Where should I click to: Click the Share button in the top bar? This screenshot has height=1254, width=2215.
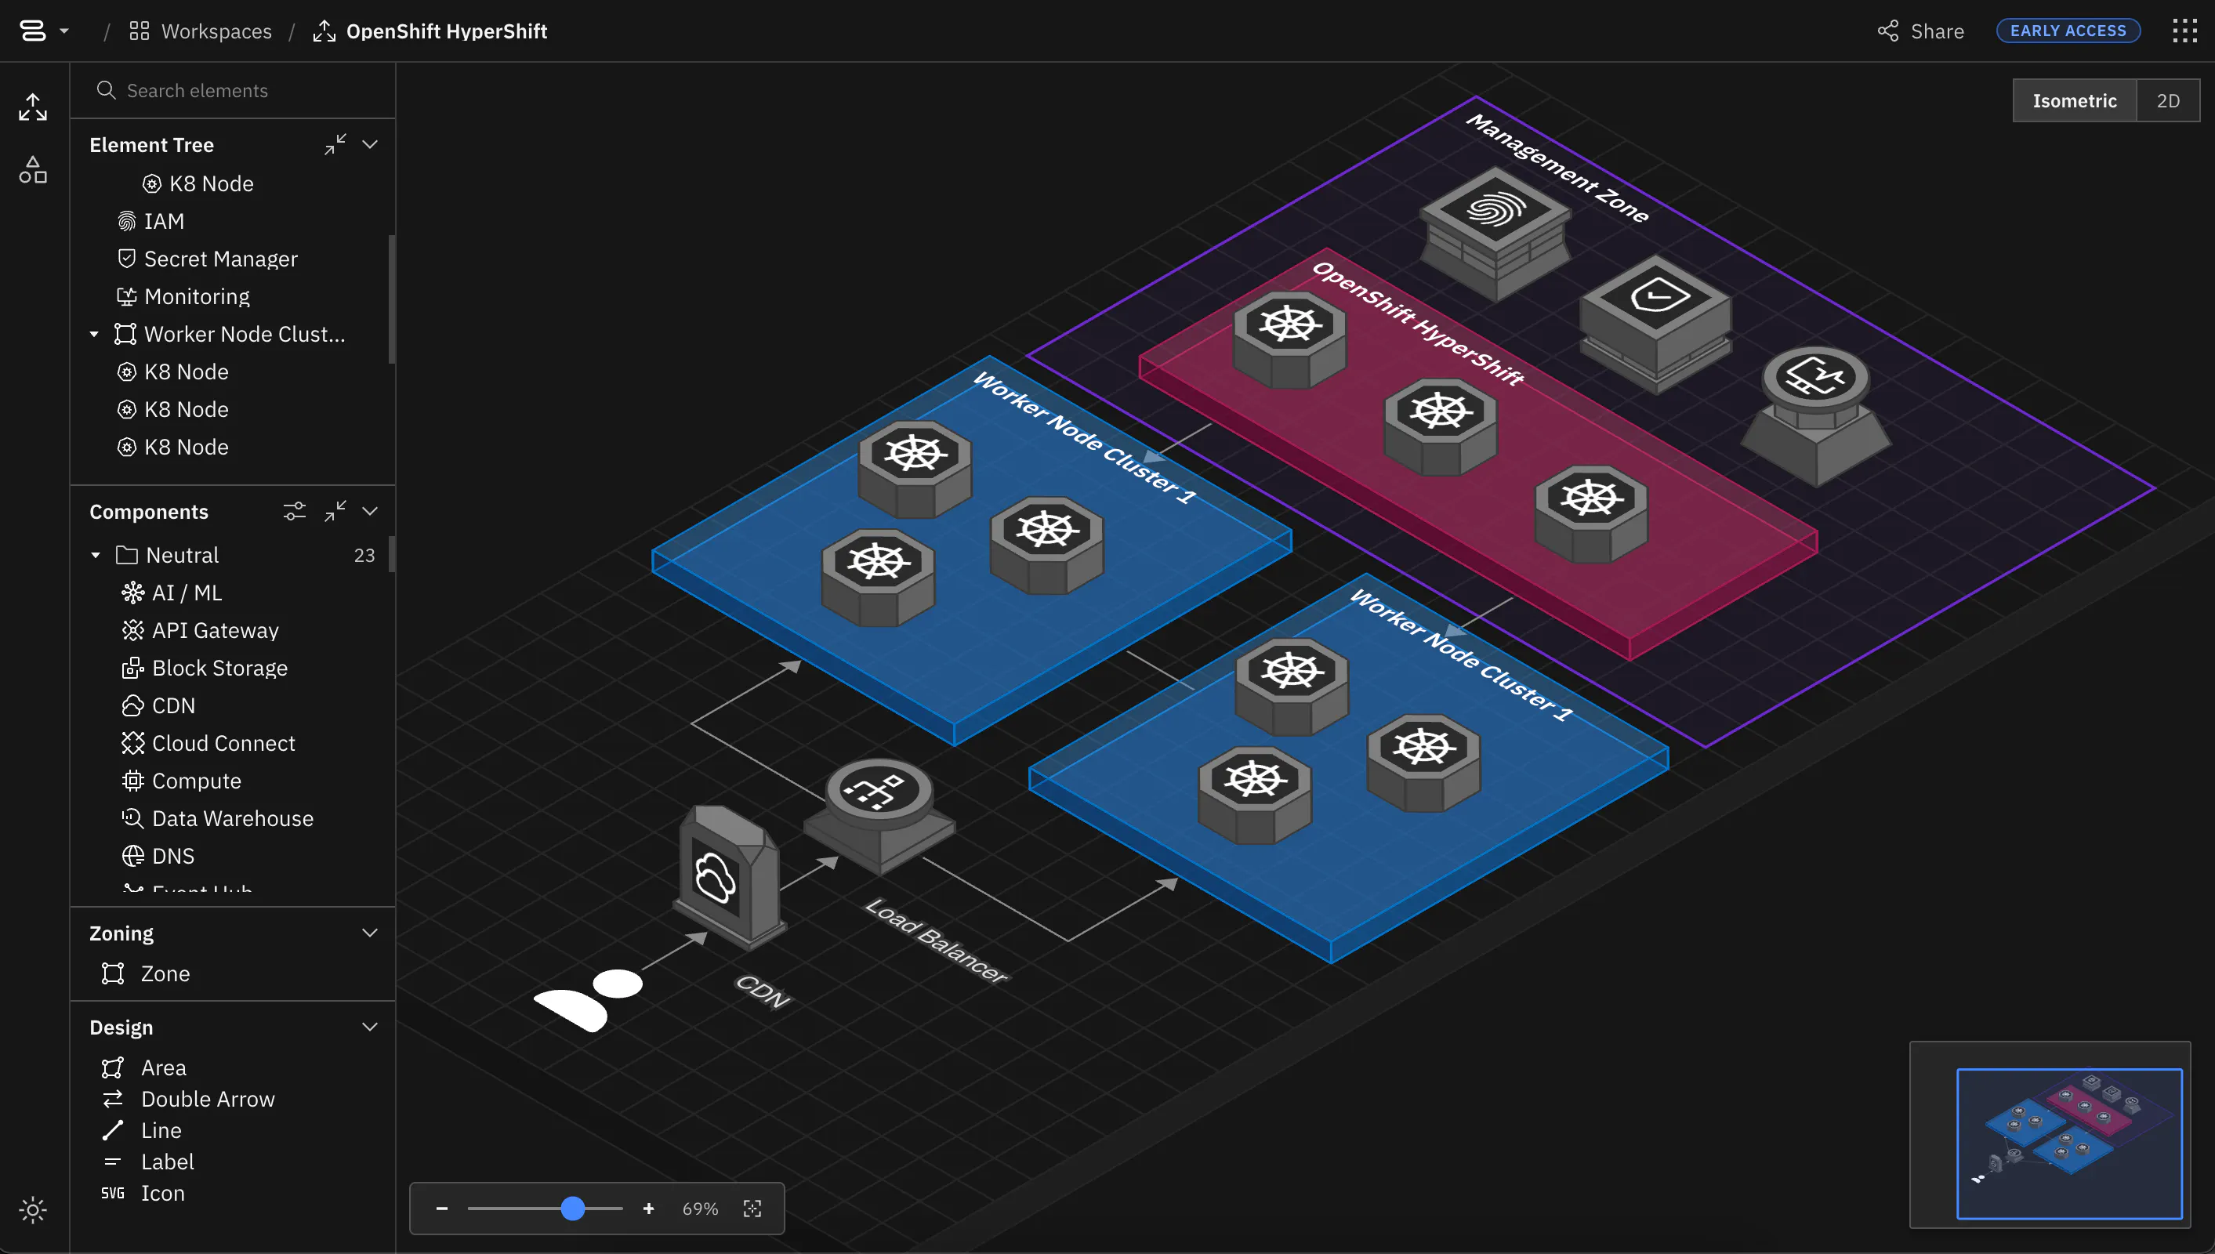(1920, 31)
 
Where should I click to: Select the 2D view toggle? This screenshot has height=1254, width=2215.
(2168, 101)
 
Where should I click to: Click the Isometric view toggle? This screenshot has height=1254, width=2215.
(2075, 101)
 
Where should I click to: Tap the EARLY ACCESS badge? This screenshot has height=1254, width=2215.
(2068, 31)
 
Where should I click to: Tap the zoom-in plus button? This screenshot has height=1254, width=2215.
(648, 1209)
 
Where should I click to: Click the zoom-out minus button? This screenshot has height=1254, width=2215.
(442, 1209)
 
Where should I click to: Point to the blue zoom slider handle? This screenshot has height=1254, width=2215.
(573, 1209)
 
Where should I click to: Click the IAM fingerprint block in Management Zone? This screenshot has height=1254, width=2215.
(1495, 234)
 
